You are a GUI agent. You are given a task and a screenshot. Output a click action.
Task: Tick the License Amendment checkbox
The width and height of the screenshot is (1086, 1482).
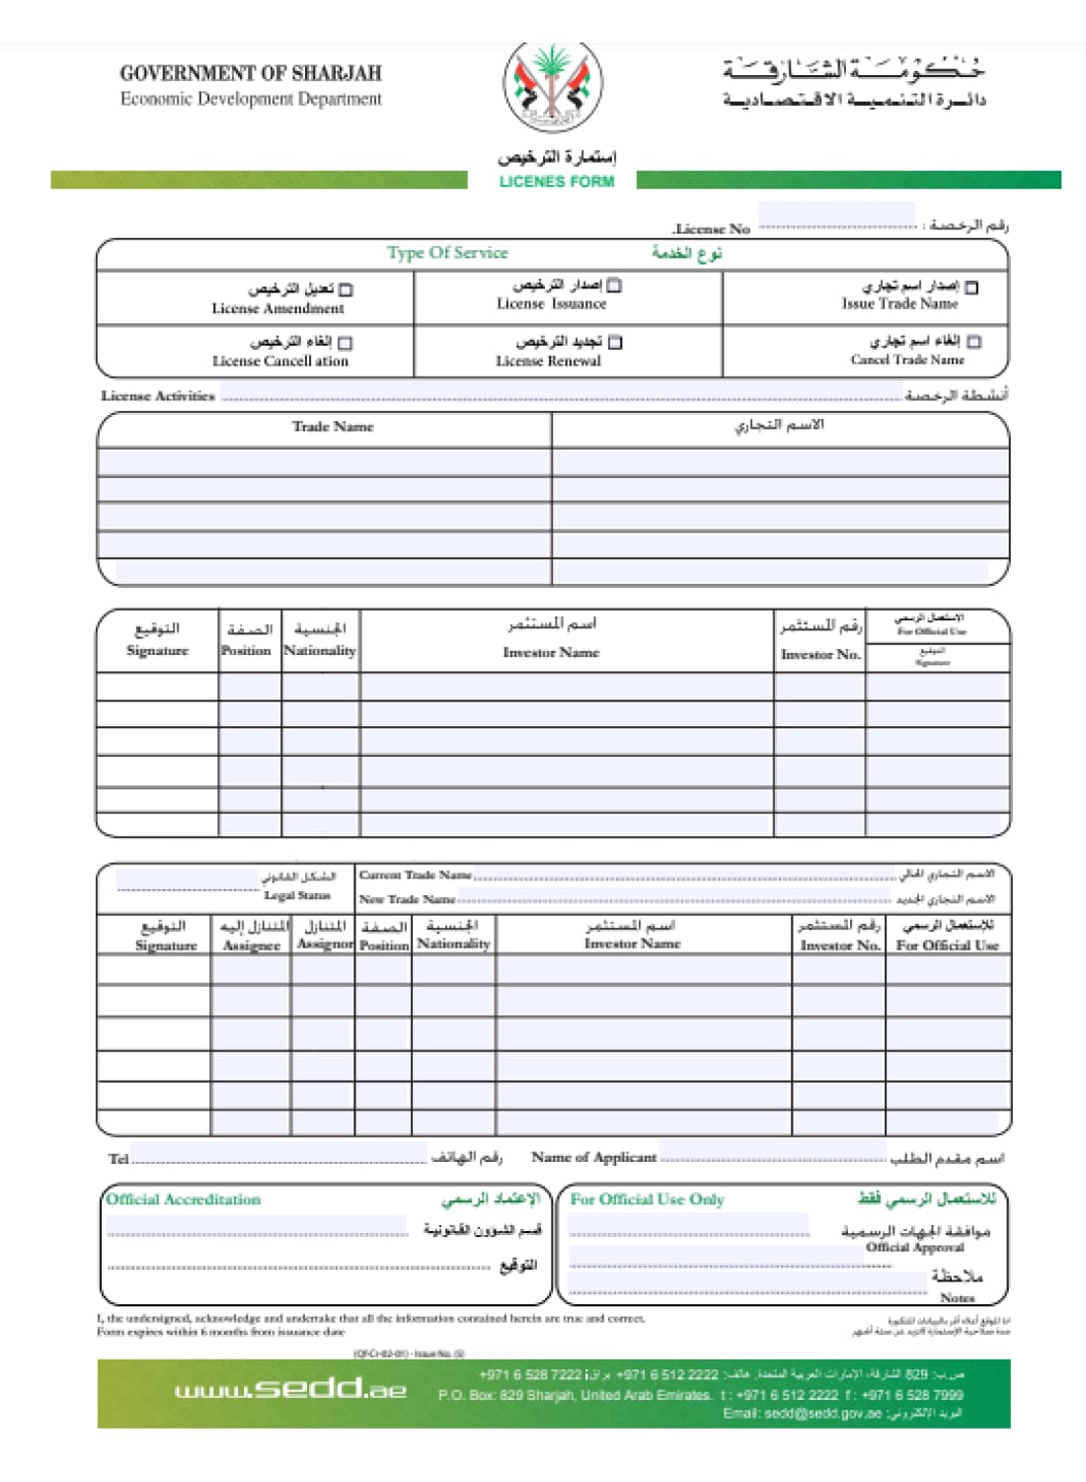click(x=346, y=290)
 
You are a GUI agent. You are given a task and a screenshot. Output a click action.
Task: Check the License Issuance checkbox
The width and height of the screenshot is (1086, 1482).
click(x=614, y=286)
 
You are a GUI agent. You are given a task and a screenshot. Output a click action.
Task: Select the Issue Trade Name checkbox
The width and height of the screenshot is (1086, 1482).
click(x=971, y=288)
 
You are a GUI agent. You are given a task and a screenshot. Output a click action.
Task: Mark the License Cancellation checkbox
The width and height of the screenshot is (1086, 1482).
click(x=346, y=343)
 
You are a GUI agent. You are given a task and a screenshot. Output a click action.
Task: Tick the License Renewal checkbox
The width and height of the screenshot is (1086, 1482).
click(x=615, y=343)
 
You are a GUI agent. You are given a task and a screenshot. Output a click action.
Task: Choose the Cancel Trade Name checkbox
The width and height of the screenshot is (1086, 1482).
click(x=974, y=342)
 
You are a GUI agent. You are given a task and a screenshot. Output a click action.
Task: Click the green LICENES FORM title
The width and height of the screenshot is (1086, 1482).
click(x=556, y=182)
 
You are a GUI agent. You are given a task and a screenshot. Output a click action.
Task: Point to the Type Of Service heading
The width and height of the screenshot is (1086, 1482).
click(x=447, y=253)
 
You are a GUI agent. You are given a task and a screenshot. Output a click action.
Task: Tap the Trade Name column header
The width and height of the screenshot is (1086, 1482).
click(x=333, y=427)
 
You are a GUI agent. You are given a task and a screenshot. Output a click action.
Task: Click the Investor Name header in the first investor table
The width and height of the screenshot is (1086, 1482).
click(x=551, y=652)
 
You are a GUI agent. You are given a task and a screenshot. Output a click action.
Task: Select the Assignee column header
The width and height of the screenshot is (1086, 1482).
click(x=252, y=946)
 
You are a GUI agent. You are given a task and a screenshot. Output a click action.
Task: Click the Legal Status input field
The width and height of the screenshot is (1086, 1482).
click(x=188, y=878)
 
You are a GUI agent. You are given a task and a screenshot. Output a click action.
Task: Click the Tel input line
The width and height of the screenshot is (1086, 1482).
click(x=278, y=1154)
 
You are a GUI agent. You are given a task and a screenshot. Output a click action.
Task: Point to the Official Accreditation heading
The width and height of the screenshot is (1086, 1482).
click(x=184, y=1199)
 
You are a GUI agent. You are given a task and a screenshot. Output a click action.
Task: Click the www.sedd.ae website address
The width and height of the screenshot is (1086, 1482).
click(x=290, y=1389)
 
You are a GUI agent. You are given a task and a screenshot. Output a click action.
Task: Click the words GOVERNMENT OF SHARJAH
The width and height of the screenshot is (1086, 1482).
click(x=251, y=73)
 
